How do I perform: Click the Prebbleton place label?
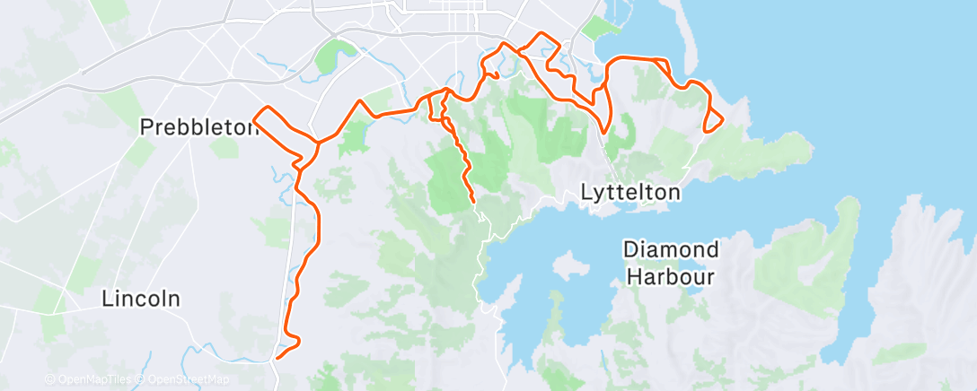click(x=198, y=128)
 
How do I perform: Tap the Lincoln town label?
click(x=141, y=299)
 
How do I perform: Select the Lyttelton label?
click(x=630, y=192)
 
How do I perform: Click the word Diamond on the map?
click(x=671, y=248)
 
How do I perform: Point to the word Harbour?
click(x=671, y=275)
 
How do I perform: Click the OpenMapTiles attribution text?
click(x=91, y=380)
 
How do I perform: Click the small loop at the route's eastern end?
click(x=713, y=121)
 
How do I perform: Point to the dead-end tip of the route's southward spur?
click(x=472, y=204)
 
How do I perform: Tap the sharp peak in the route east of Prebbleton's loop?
click(x=360, y=100)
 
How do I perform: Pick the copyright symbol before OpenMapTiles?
click(x=49, y=380)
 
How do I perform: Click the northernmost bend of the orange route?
click(x=541, y=35)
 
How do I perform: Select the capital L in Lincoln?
click(x=107, y=299)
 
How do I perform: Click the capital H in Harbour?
click(x=633, y=275)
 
